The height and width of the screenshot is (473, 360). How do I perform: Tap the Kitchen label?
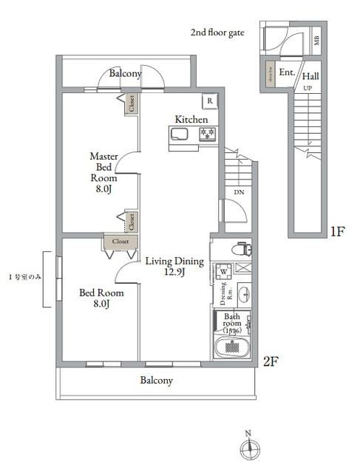(191, 120)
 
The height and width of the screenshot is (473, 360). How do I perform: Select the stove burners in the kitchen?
(206, 133)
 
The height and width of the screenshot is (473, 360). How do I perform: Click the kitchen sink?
(181, 134)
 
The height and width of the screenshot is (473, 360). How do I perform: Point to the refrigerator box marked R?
(211, 101)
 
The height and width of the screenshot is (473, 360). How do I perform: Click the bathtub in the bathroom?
(231, 347)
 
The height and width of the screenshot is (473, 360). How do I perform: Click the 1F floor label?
(337, 232)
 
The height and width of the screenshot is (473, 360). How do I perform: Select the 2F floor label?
(271, 361)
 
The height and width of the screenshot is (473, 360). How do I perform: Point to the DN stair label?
(239, 192)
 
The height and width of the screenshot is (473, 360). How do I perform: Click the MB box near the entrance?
(316, 40)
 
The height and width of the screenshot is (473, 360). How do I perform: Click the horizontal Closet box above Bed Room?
(120, 241)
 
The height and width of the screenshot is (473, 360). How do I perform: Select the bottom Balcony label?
(156, 381)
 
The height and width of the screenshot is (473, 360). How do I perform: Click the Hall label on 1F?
(310, 75)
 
